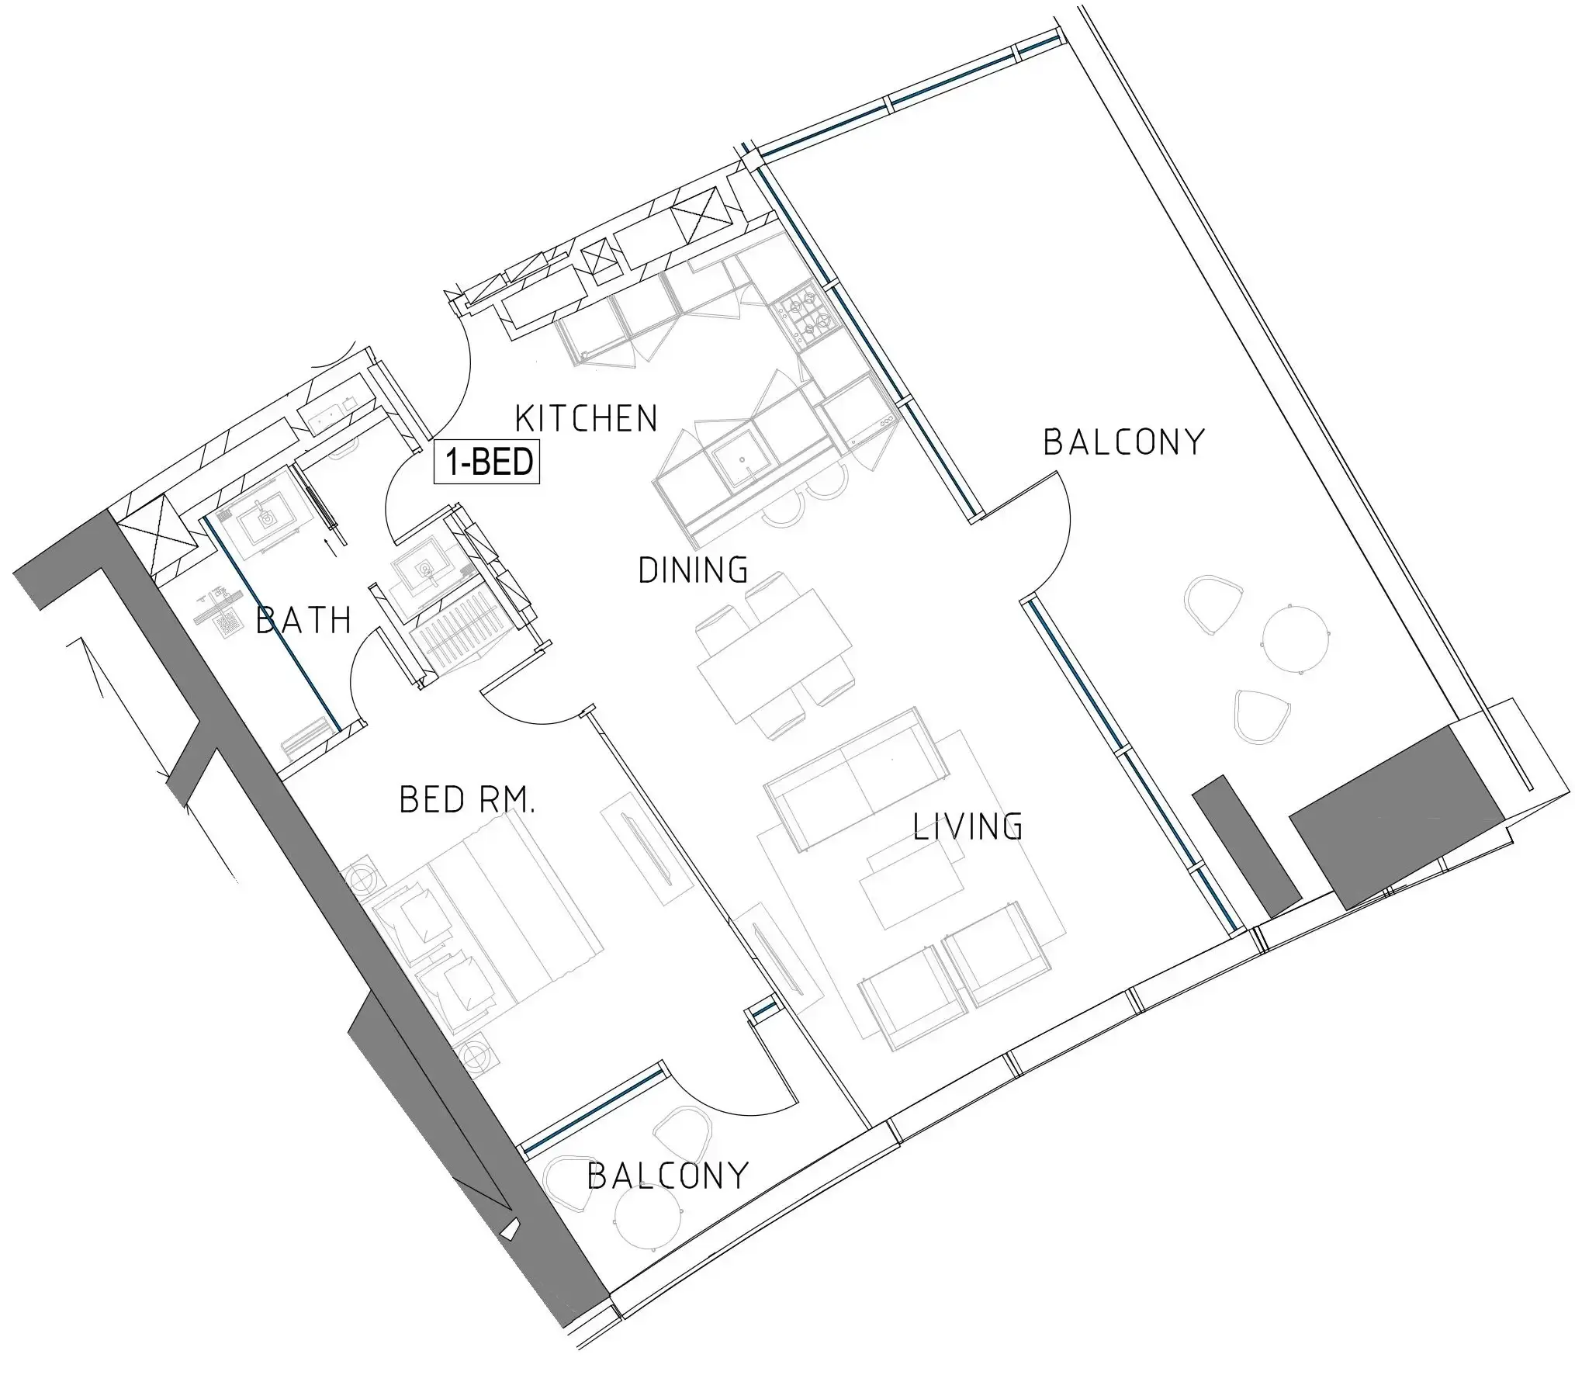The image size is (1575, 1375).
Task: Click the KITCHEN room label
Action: pyautogui.click(x=587, y=419)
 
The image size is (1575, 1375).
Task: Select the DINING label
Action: pyautogui.click(x=693, y=570)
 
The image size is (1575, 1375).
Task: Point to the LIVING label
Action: pyautogui.click(x=967, y=826)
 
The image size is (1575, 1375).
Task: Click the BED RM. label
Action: pyautogui.click(x=467, y=800)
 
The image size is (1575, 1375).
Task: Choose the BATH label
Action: pyautogui.click(x=303, y=621)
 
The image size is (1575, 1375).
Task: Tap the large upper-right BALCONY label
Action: pyautogui.click(x=1123, y=442)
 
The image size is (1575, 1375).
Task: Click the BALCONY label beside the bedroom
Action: pyautogui.click(x=668, y=1176)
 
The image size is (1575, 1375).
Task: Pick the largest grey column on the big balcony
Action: pyautogui.click(x=1397, y=816)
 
